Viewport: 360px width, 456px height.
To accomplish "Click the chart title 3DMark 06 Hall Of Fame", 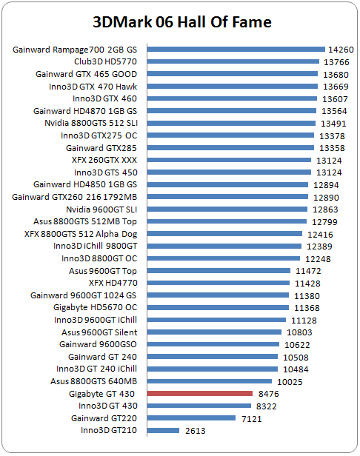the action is [x=182, y=22].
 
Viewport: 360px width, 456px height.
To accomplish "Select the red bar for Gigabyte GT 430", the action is [x=200, y=394].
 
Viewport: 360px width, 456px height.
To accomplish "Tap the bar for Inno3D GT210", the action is [x=163, y=430].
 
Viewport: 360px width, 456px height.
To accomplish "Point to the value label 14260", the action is [x=341, y=50].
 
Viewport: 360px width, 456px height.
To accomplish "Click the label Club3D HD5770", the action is [x=105, y=61].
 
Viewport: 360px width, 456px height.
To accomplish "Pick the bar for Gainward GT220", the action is [x=191, y=418].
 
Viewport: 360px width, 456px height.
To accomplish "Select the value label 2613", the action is [x=196, y=431].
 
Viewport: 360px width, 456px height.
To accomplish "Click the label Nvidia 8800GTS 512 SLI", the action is [x=91, y=123].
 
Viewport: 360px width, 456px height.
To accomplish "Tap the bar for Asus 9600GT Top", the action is [x=219, y=271].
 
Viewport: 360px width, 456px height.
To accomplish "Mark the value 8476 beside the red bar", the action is [x=269, y=394].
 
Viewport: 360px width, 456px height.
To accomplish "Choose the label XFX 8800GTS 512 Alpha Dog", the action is [x=81, y=234].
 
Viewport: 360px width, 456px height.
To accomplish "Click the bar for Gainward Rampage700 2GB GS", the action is [x=236, y=50].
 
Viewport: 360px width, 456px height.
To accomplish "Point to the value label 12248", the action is [x=318, y=259].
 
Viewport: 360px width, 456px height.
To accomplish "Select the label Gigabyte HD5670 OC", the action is [x=95, y=307].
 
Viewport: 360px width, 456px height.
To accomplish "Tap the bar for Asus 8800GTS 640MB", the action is [x=210, y=381].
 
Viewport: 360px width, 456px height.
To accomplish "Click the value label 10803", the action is [x=299, y=332].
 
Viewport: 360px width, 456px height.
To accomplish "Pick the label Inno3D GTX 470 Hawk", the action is [x=93, y=87].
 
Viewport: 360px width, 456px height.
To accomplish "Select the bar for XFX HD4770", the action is [x=219, y=283].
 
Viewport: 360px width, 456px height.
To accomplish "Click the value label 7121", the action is [x=252, y=419].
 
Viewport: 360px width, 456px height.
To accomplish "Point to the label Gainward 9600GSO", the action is [x=98, y=344].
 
